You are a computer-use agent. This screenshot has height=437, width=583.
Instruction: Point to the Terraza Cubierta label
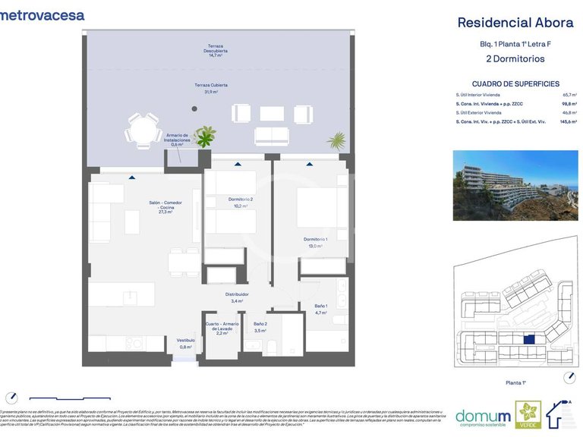210,88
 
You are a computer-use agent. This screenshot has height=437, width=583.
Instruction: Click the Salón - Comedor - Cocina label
165,207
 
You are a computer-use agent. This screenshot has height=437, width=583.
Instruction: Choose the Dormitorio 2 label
240,202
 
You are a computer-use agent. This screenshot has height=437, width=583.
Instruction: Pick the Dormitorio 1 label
314,242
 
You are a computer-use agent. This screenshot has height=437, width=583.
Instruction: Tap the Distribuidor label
237,297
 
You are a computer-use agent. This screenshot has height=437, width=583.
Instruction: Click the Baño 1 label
320,309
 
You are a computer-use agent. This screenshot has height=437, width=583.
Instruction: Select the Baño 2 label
260,327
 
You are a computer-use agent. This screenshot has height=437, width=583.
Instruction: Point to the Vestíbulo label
185,343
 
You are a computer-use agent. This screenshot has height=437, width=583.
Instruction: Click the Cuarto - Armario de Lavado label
222,328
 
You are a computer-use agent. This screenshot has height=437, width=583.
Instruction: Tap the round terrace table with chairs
140,130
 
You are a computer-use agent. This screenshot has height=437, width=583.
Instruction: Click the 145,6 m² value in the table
568,121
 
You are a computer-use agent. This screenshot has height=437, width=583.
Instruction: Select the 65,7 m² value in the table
569,94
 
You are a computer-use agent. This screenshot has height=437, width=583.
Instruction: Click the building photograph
515,180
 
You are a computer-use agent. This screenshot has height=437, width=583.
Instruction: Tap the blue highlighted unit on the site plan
530,340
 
